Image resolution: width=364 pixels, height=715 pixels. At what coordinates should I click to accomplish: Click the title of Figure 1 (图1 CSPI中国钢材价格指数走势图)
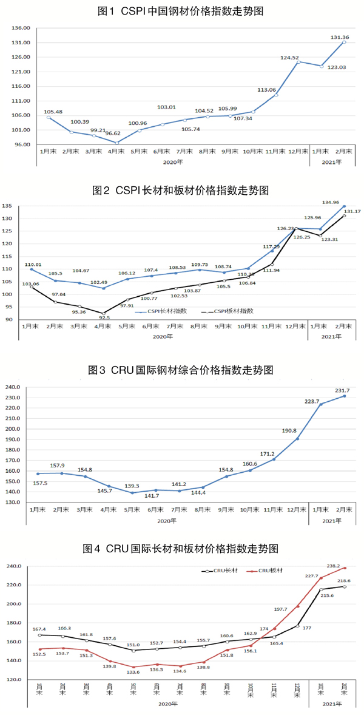coord(181,12)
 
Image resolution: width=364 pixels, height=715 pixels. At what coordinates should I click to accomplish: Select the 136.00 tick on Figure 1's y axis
coord(21,28)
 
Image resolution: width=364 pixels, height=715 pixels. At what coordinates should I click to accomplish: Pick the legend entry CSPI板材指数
coord(232,311)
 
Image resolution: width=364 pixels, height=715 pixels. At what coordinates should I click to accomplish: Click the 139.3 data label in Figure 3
coord(132,486)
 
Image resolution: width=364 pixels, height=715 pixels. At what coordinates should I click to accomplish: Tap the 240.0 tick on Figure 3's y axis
coord(13,387)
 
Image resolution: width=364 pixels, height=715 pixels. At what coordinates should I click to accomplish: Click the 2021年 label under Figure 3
coord(331,520)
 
